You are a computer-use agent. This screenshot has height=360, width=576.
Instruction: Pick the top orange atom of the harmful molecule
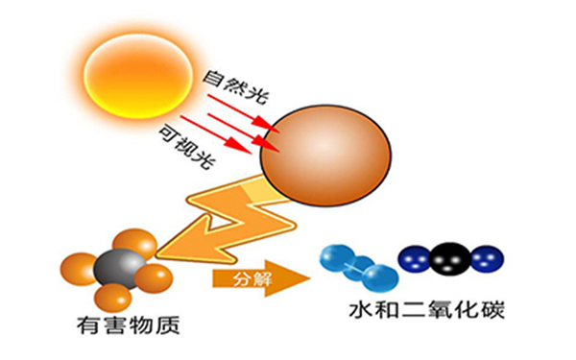[133, 243]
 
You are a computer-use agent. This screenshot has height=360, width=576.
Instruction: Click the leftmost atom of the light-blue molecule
[336, 255]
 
